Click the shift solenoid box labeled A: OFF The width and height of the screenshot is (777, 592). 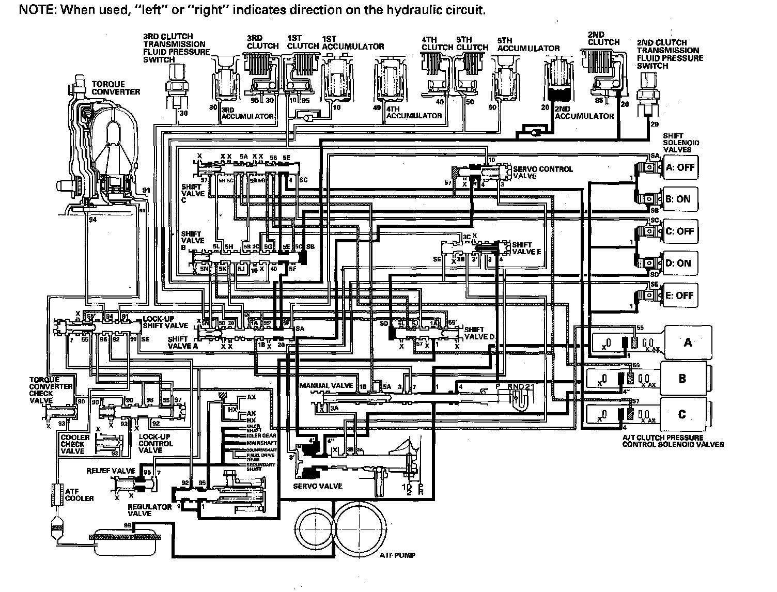tap(679, 168)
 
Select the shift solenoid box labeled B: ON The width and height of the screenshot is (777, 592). tap(679, 199)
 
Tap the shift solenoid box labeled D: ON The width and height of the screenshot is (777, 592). tap(679, 263)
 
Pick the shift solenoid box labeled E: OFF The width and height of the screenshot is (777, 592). tap(679, 296)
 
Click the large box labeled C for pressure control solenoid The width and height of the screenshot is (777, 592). tap(682, 414)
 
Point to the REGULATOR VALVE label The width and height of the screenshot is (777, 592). tap(149, 510)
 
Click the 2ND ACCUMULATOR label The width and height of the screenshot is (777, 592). tap(584, 116)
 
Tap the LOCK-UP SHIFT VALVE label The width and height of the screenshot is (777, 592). tap(165, 322)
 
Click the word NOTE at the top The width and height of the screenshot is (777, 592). tap(36, 10)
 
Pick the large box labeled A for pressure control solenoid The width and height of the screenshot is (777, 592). tap(688, 342)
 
